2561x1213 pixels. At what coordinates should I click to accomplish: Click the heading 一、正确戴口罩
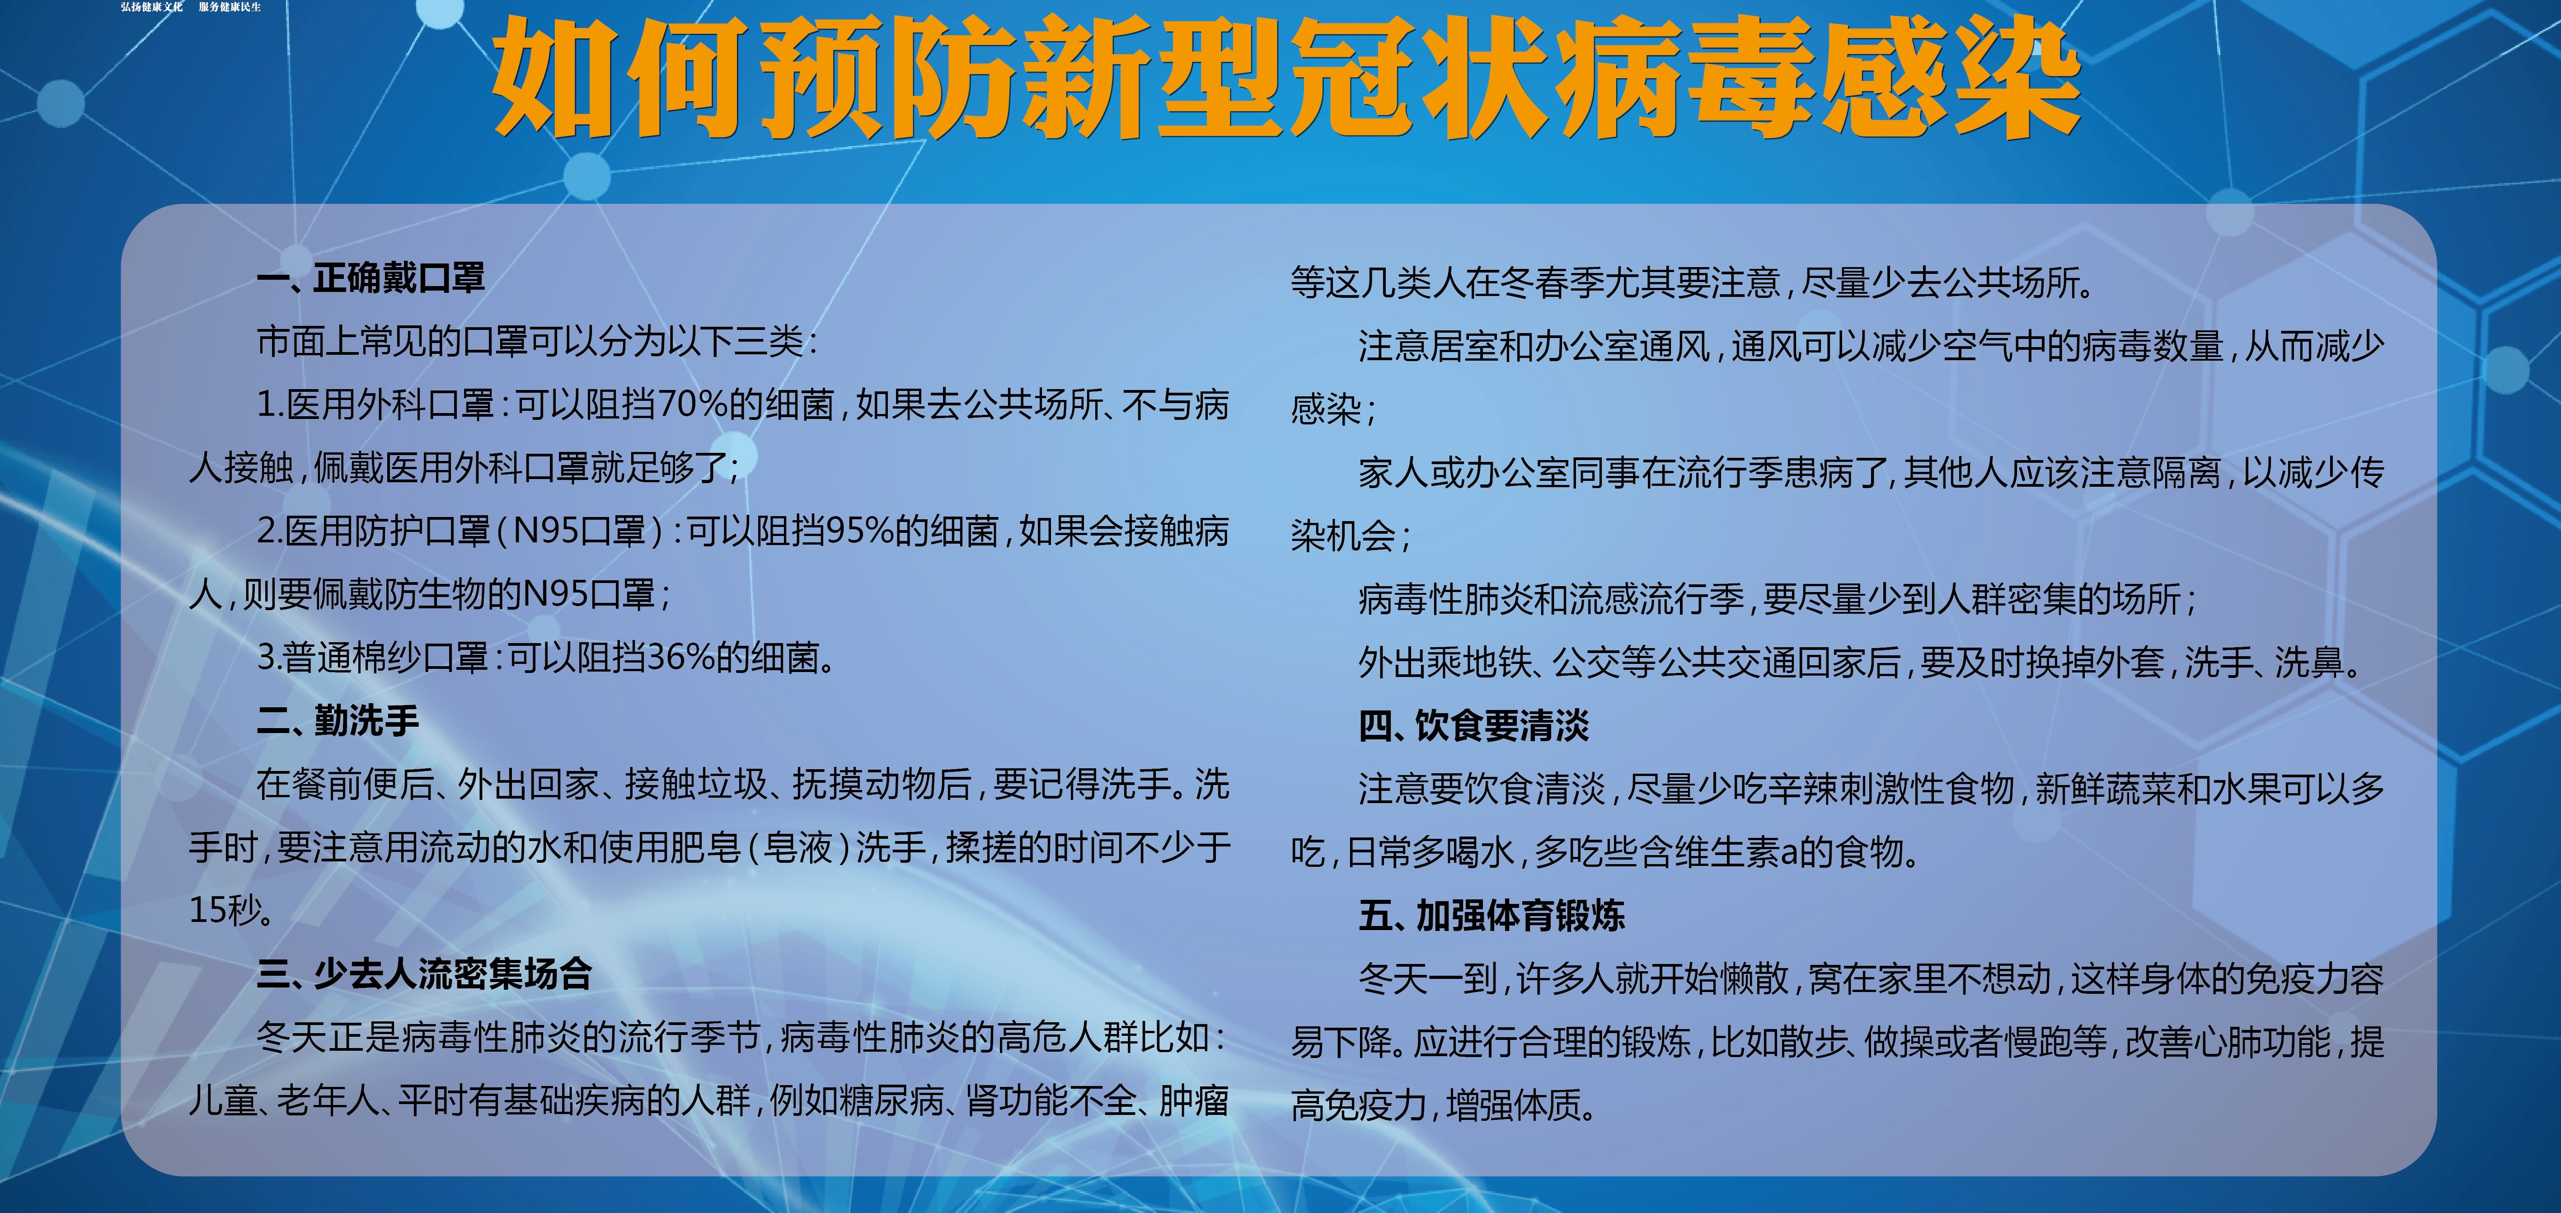[x=371, y=278]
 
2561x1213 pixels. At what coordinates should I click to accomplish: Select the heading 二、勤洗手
[x=338, y=721]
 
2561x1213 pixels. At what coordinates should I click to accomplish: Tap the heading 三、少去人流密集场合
[x=425, y=974]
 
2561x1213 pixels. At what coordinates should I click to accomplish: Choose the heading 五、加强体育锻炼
[x=1491, y=916]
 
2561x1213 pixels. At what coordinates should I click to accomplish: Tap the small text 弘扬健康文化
[x=152, y=7]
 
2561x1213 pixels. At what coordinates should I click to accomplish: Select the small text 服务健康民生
[x=230, y=7]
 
